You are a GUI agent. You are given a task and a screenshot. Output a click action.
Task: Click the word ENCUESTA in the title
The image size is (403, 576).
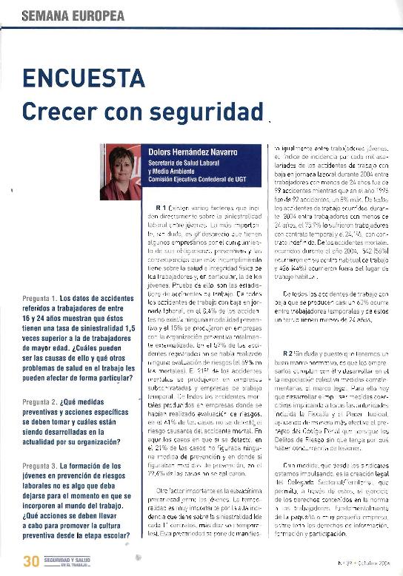83,78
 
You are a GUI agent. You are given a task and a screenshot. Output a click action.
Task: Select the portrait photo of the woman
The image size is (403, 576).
120,172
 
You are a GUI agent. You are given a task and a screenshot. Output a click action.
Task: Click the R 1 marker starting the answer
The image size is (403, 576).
163,207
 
